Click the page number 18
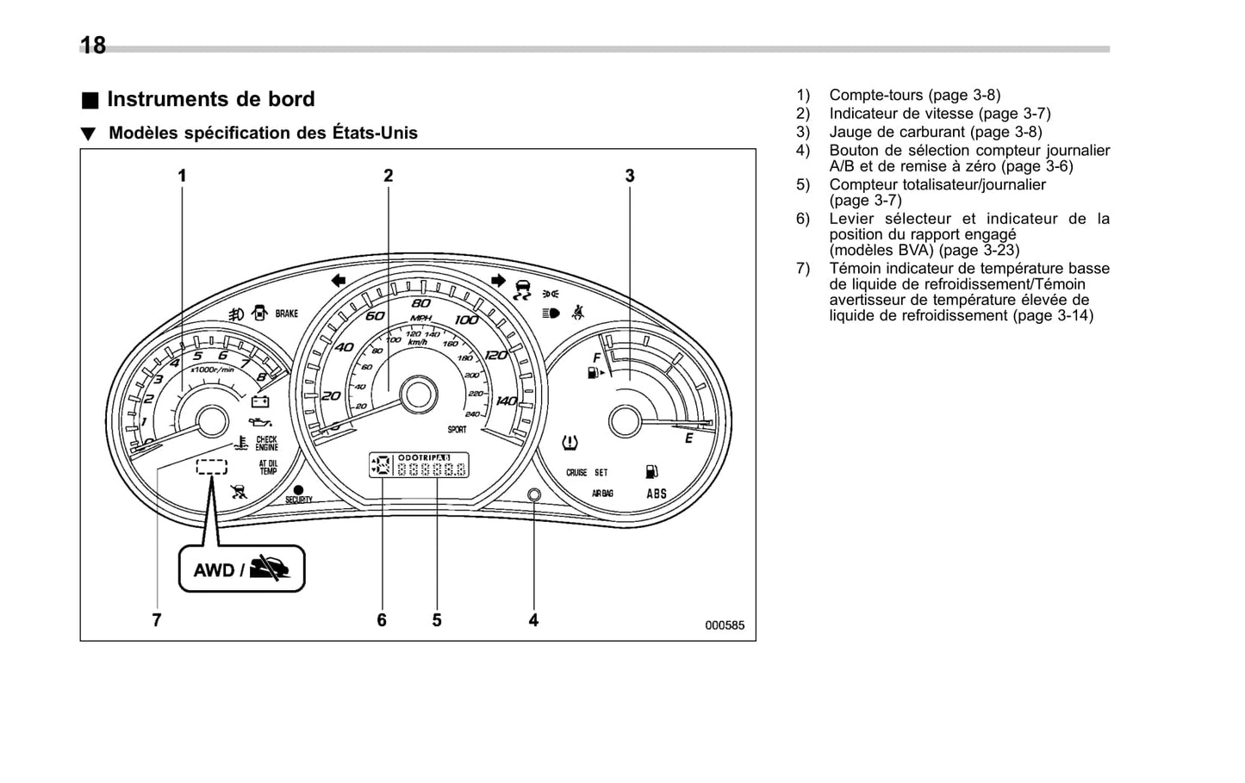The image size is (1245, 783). tap(93, 46)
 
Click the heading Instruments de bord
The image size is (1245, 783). tap(210, 99)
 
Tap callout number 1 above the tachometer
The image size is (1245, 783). tap(182, 176)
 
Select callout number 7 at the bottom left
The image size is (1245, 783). tap(157, 619)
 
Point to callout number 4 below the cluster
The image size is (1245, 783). tap(533, 619)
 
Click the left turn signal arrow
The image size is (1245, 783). tap(338, 280)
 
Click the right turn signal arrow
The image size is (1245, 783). tap(497, 280)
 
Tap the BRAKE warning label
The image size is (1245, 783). tap(287, 314)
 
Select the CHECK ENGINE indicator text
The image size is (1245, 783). tap(267, 444)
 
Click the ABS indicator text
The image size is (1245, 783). tap(657, 494)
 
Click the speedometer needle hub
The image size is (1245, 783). tap(418, 395)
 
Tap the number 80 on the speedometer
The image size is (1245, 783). tap(420, 303)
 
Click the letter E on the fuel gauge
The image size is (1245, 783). tap(688, 439)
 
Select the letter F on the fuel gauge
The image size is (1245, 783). tap(596, 357)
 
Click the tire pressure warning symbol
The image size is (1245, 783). tap(570, 443)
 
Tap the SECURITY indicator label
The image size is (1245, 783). tap(299, 499)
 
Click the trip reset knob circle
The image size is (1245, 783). tap(533, 494)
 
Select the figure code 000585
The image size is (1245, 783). tap(725, 625)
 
